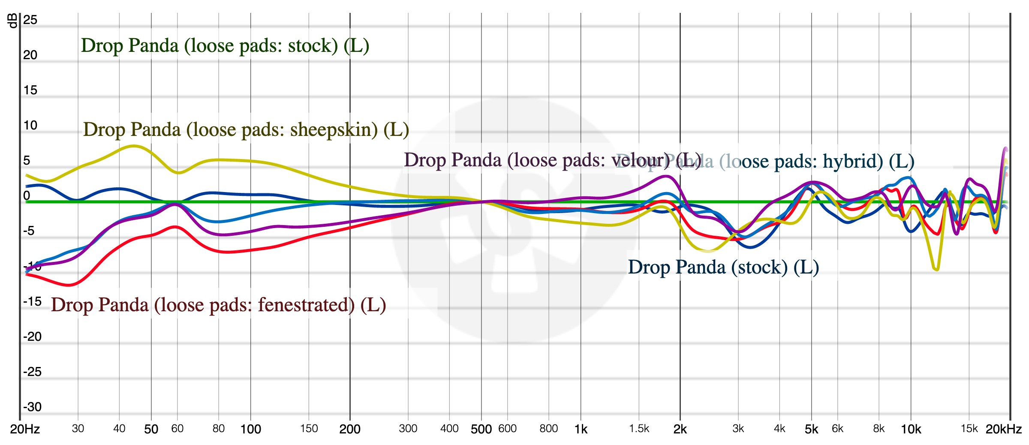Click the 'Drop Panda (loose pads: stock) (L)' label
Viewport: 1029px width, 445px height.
pos(225,45)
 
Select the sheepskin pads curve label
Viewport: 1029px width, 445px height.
pos(246,129)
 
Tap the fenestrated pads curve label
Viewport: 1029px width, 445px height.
pos(218,305)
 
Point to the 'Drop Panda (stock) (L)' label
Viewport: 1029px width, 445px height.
pos(723,267)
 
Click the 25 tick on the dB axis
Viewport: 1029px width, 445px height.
pos(30,20)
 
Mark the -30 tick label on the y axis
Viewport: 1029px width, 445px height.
pos(32,407)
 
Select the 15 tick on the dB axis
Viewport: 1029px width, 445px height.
pos(30,90)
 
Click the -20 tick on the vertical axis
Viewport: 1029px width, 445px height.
pos(32,337)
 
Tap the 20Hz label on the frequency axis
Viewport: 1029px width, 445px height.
pos(25,429)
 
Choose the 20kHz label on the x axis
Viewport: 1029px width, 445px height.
pos(1003,429)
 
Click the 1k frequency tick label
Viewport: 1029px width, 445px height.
pos(581,429)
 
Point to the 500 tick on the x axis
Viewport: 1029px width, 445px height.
pos(481,429)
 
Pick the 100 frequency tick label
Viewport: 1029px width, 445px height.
pos(250,429)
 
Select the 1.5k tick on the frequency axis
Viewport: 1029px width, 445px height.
pos(639,429)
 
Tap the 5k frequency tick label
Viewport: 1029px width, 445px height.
pos(811,429)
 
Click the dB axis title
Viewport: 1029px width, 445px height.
pos(13,21)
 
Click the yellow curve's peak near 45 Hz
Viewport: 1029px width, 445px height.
pos(134,146)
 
